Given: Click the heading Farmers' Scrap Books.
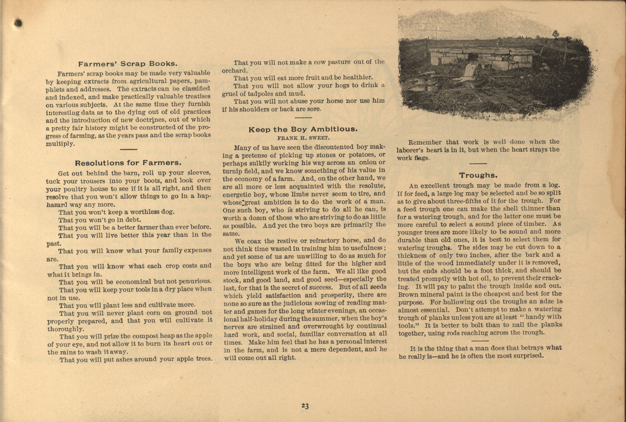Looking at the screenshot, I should (128, 64).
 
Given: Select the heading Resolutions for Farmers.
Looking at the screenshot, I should (128, 163).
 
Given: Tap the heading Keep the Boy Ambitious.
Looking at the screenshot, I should (303, 129).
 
